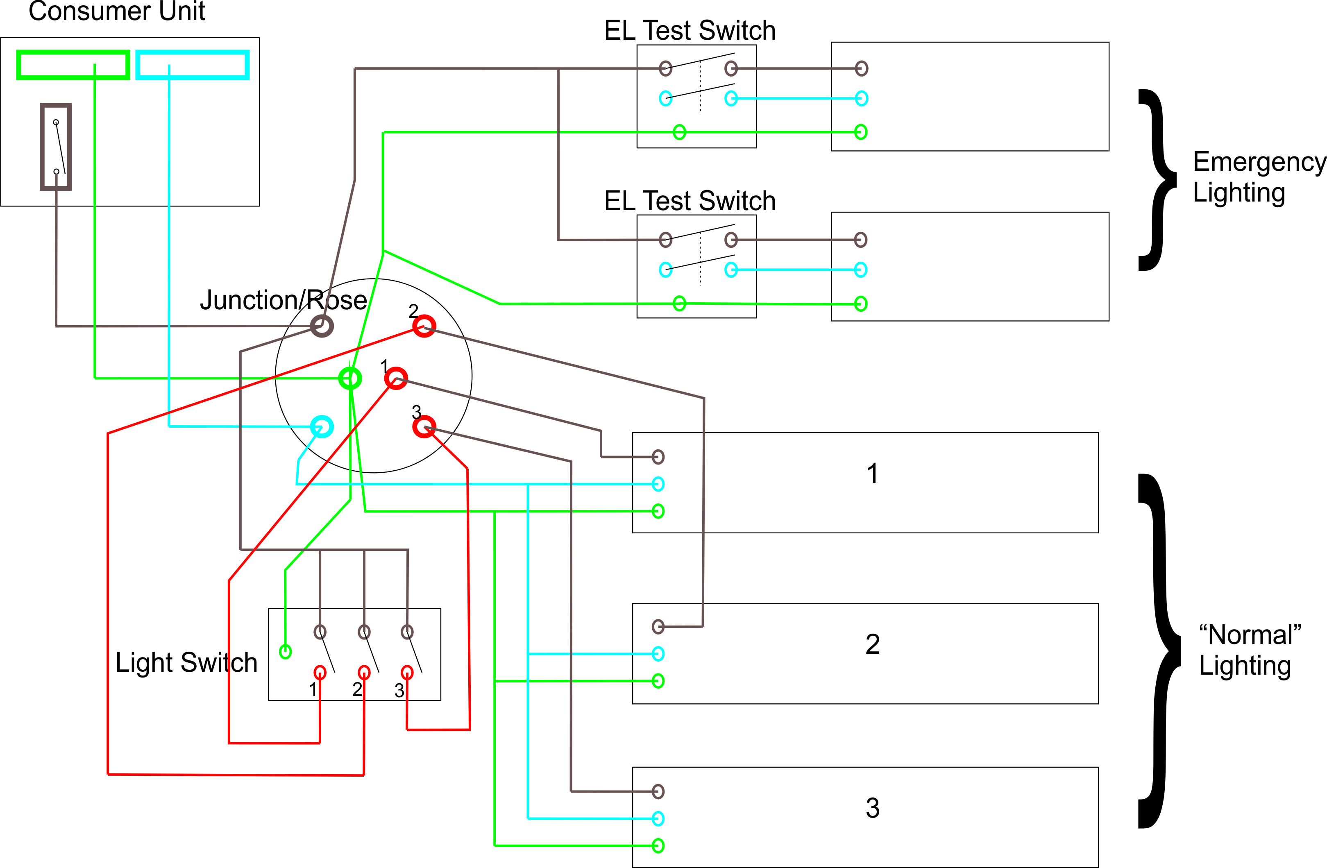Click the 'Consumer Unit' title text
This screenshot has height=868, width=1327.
[x=117, y=11]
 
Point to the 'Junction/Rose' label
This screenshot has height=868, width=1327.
[x=283, y=300]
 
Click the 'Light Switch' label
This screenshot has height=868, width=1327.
[x=186, y=663]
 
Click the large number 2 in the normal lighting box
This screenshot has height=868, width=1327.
[x=873, y=644]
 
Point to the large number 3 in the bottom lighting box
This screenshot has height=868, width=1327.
[x=873, y=808]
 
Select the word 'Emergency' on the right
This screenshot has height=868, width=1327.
[x=1259, y=162]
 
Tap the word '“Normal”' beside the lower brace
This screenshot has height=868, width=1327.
[x=1250, y=635]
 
